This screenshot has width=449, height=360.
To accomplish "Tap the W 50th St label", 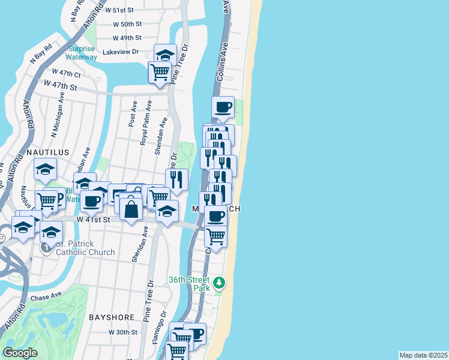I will point(127,24).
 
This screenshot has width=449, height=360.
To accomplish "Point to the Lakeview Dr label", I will point(120,52).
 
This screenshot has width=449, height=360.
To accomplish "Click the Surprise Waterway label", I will point(82,53).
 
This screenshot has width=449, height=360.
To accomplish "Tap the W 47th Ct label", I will point(66,73).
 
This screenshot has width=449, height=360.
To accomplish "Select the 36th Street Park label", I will point(189,284).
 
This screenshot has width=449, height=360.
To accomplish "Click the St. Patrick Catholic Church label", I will point(85,248).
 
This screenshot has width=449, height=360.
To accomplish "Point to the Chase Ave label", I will point(47,296).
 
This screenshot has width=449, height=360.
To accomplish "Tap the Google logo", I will point(20,353).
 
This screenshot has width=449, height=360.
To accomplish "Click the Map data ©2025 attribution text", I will point(423,355).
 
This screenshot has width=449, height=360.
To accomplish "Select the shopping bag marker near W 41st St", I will point(131,209).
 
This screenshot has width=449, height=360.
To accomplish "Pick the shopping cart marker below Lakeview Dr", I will point(160,72).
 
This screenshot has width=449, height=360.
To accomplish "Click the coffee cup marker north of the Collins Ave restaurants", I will point(223,107).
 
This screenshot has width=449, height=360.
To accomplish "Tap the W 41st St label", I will point(94,220).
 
